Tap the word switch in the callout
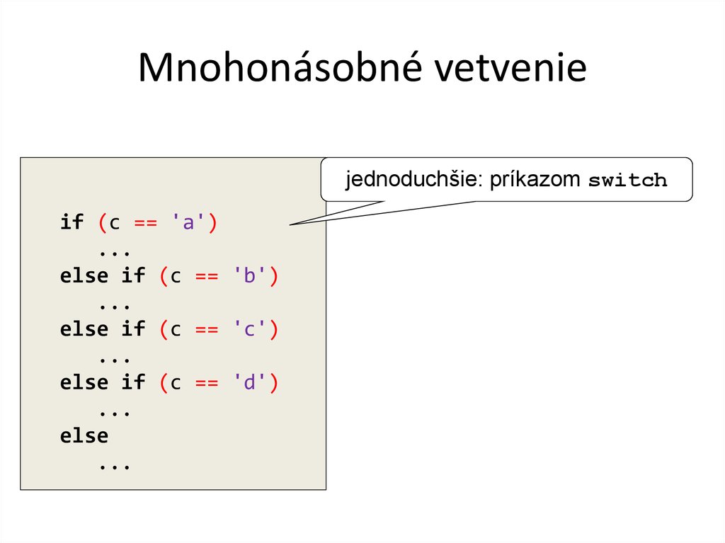click(x=628, y=181)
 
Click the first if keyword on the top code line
click(x=72, y=223)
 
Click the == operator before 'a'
click(x=146, y=223)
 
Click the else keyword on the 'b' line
click(x=84, y=276)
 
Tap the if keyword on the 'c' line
click(x=133, y=329)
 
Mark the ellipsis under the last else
click(x=115, y=465)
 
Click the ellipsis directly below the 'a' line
click(x=115, y=251)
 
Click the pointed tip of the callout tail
click(x=290, y=224)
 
